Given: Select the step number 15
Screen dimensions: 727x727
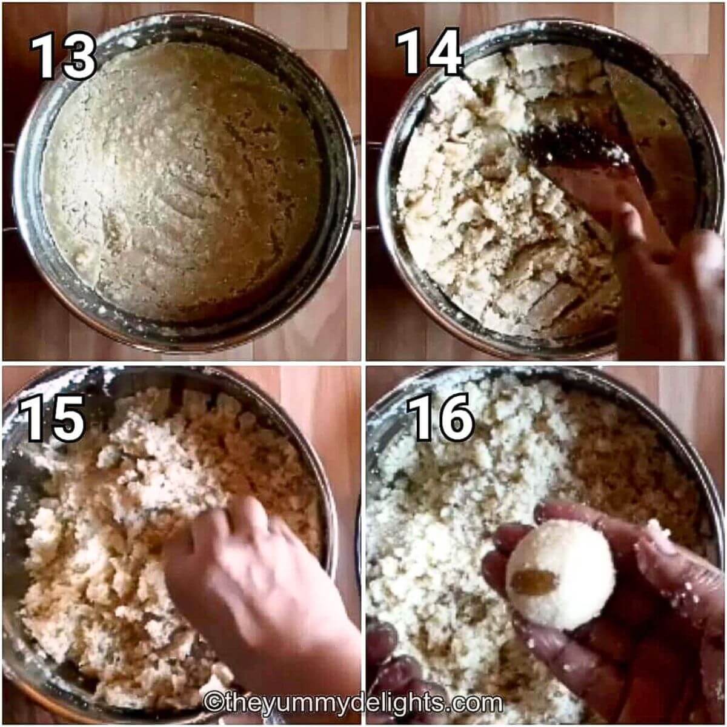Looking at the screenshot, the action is pyautogui.click(x=51, y=419).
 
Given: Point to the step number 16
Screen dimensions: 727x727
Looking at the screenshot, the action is pyautogui.click(x=440, y=416).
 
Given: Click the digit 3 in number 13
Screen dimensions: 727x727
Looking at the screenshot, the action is pyautogui.click(x=79, y=56).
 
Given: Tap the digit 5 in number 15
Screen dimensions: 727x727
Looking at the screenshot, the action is pyautogui.click(x=68, y=419).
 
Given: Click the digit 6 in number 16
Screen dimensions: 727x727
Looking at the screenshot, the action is pyautogui.click(x=457, y=417).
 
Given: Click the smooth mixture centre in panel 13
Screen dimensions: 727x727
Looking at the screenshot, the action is pyautogui.click(x=181, y=181).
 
